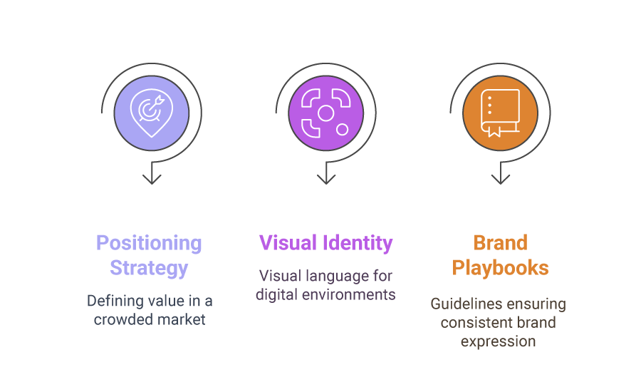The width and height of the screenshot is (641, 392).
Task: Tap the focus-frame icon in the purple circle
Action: pos(325,113)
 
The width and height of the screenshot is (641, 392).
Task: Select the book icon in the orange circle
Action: pos(500,113)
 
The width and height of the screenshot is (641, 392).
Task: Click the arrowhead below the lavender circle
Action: pos(152,179)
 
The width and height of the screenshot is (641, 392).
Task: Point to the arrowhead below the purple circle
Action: pos(326,179)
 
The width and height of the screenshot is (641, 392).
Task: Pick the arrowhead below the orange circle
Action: pos(501,179)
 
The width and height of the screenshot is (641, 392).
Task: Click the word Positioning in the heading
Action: pos(149,244)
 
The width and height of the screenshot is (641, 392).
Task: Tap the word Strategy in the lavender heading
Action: pos(149,269)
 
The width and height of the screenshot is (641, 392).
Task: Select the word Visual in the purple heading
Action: pos(288,242)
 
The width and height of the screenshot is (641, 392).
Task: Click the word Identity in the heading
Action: pos(358,244)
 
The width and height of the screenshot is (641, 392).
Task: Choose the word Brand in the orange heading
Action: pos(501,242)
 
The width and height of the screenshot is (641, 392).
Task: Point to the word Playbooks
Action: pos(501,269)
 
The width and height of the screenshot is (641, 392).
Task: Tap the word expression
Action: pos(499,342)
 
